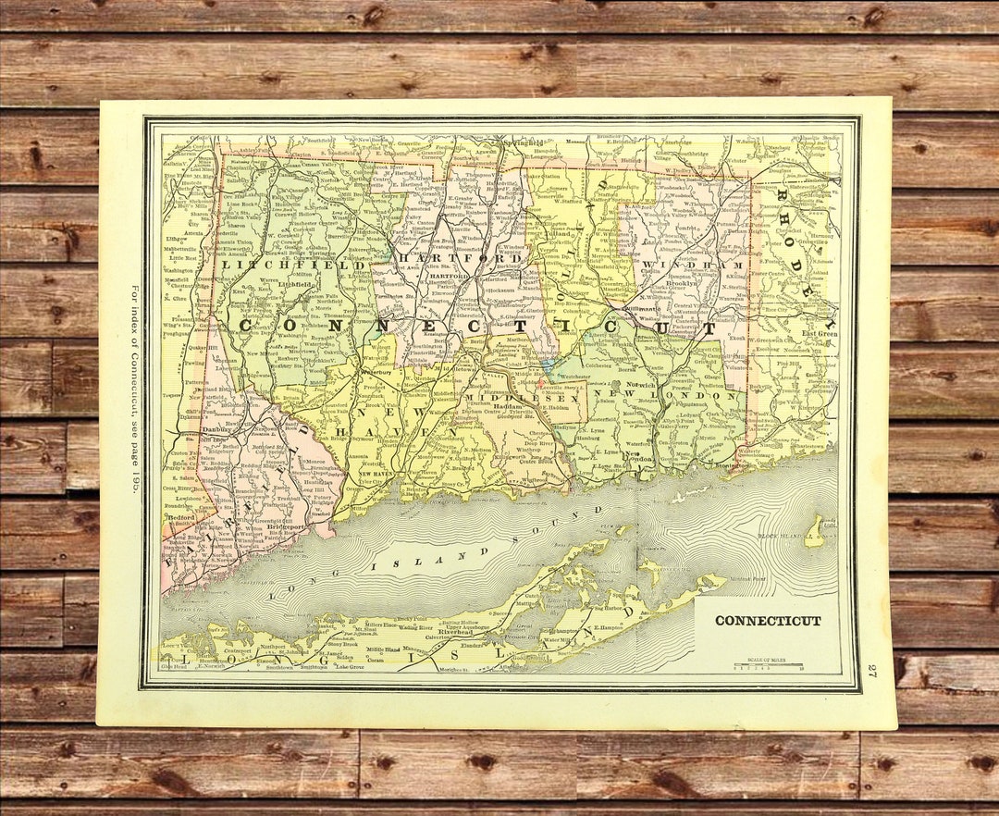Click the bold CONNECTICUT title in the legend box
pyautogui.click(x=768, y=621)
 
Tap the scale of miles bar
pyautogui.click(x=768, y=664)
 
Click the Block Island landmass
pyautogui.click(x=814, y=532)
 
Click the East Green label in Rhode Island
pyautogui.click(x=819, y=334)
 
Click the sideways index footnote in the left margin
pyautogui.click(x=132, y=389)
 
